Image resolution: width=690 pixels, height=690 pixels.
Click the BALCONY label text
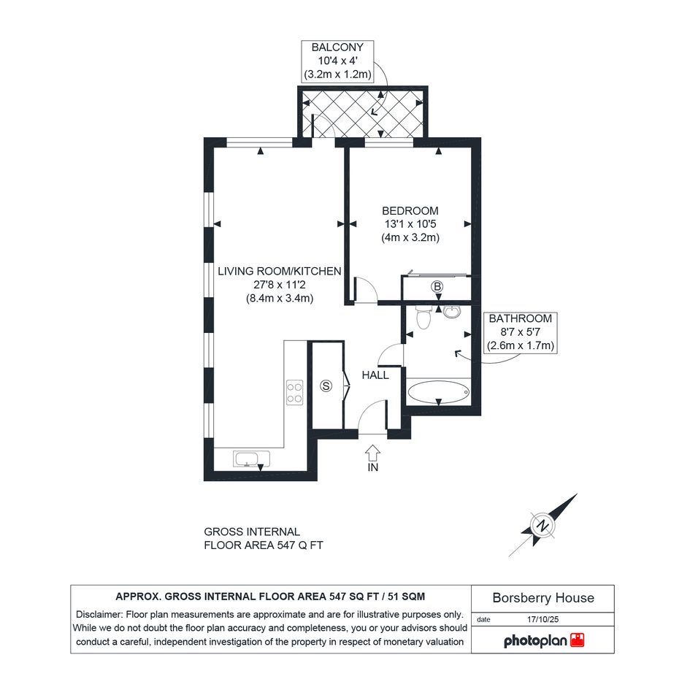click(x=337, y=47)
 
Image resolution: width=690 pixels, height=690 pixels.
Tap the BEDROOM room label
click(x=410, y=211)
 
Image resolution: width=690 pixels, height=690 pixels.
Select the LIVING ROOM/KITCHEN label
click(x=280, y=271)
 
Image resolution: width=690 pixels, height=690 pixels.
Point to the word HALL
click(x=375, y=375)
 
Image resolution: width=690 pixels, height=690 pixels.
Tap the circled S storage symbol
click(x=326, y=386)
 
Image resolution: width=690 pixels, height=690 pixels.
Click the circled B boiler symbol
click(x=437, y=287)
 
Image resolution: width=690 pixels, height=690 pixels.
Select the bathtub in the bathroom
click(x=439, y=391)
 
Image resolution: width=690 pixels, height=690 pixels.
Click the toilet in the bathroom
click(x=423, y=318)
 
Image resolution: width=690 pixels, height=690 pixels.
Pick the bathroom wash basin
click(x=452, y=311)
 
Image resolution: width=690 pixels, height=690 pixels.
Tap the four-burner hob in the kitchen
click(x=294, y=393)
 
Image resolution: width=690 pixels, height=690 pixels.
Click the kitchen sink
click(x=252, y=459)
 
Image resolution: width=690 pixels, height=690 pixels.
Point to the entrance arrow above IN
click(x=373, y=453)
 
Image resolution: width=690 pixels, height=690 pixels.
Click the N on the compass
click(x=544, y=525)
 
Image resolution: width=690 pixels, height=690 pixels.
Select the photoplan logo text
click(x=535, y=641)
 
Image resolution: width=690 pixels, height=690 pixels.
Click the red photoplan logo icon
click(x=578, y=640)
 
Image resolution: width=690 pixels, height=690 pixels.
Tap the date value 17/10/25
click(x=543, y=619)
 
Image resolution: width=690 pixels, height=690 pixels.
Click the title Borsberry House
click(x=543, y=597)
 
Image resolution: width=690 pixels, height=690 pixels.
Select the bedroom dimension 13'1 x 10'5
click(x=410, y=224)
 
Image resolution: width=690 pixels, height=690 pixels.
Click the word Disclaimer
click(x=99, y=614)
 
